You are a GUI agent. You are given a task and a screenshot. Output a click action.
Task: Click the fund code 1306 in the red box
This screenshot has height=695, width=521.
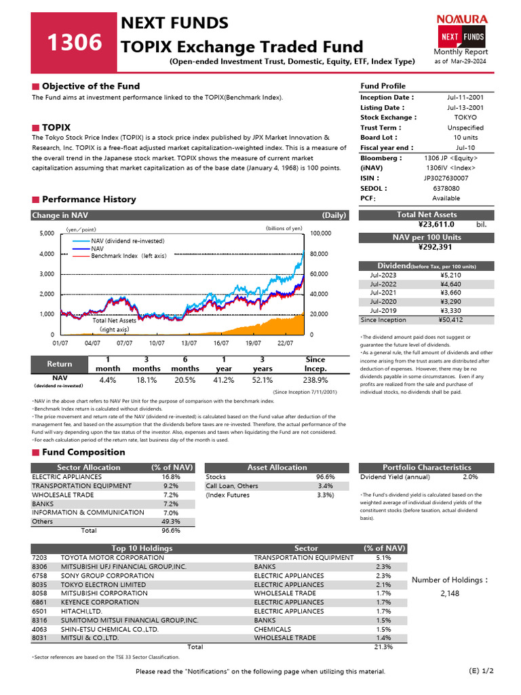pos(75,43)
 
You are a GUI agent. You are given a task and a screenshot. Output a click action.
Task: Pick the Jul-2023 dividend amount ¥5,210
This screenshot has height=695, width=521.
pos(450,276)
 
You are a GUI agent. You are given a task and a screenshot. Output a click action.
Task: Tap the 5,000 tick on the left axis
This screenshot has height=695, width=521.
pos(46,233)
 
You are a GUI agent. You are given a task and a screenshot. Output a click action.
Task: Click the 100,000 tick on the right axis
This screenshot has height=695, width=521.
pos(321,233)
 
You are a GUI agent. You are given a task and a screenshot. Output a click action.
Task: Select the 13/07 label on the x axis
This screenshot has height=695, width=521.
pos(189,343)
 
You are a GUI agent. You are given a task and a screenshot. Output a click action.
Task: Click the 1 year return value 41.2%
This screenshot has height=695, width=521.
pos(224,380)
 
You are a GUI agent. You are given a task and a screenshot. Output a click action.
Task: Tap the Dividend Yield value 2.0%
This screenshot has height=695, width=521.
pos(470,477)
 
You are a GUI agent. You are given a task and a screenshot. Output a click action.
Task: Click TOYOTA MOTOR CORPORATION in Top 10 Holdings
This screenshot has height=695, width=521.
pos(103,557)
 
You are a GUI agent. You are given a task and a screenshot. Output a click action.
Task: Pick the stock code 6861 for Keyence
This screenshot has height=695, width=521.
pos(39,602)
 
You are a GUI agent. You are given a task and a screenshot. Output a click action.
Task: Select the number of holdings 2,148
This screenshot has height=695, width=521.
pos(450,593)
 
